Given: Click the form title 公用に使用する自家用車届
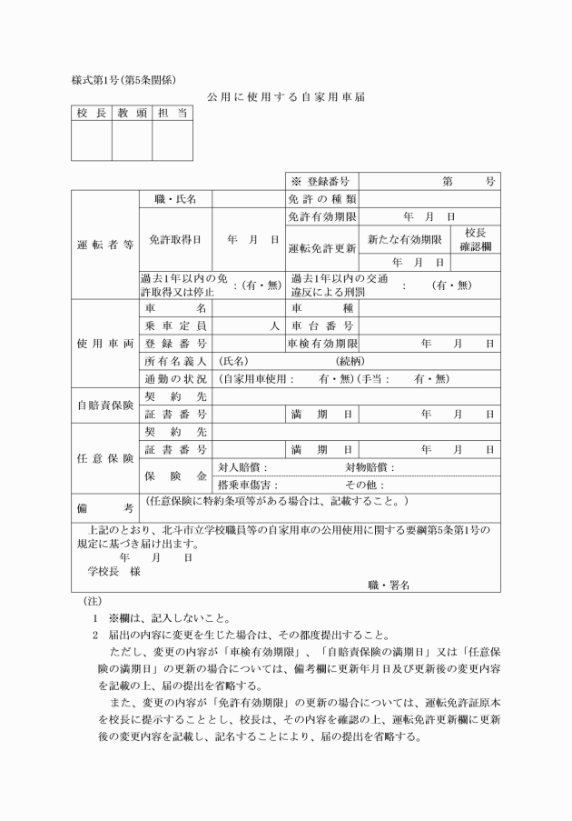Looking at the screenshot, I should [285, 96].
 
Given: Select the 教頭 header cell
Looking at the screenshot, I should [132, 114].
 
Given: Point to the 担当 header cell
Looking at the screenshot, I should [172, 114].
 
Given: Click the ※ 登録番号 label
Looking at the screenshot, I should [321, 181].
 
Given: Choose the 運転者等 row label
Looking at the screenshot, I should [104, 245].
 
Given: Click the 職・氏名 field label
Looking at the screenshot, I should [174, 198].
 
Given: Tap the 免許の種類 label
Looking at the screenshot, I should [322, 198].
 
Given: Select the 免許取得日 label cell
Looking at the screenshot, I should [174, 239].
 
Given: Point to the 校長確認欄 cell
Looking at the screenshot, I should [475, 239].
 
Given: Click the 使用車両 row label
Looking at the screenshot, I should [104, 343].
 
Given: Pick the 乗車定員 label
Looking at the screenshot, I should [174, 325].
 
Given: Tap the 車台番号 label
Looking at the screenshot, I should [322, 325].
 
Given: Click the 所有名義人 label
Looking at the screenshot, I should [174, 360].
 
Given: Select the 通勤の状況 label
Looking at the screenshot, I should [174, 377].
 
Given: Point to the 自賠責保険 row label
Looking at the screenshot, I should [104, 405].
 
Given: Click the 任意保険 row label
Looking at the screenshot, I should [104, 458].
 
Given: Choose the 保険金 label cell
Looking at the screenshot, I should [174, 476].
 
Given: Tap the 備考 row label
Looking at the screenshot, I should [104, 506].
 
